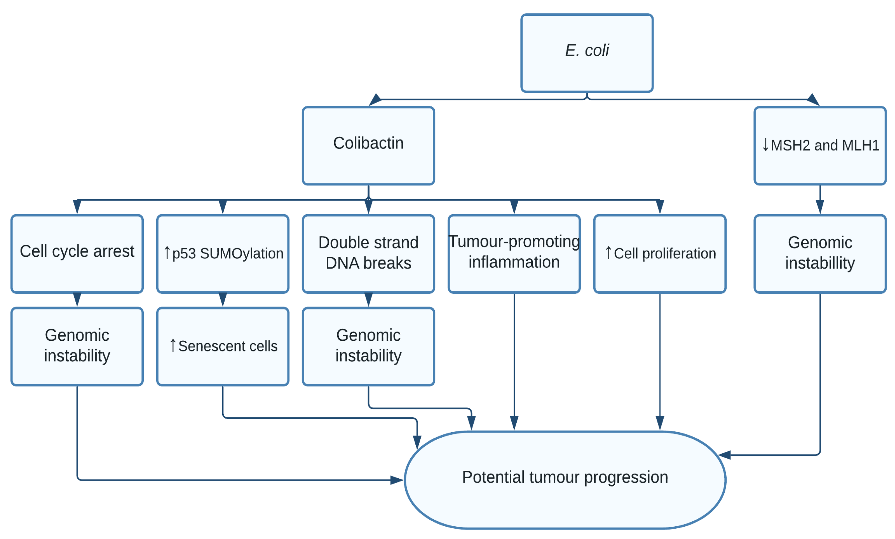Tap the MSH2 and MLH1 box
click(x=820, y=145)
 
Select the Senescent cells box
click(x=223, y=346)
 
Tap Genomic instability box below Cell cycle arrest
click(x=77, y=346)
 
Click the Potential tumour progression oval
click(x=564, y=479)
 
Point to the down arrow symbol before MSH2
click(x=765, y=145)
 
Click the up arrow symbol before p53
click(x=167, y=253)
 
